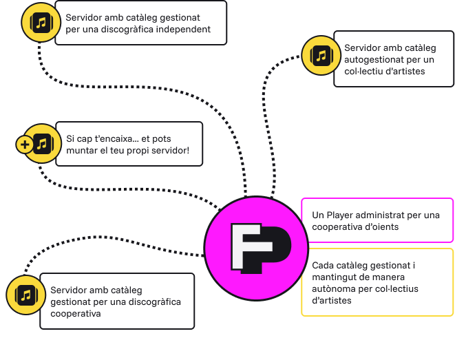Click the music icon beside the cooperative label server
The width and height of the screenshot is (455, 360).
point(25,295)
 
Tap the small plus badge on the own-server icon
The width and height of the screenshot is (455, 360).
point(25,145)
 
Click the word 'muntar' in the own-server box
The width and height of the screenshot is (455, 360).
point(81,150)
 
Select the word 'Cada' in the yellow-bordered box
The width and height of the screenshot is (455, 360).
point(323,265)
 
